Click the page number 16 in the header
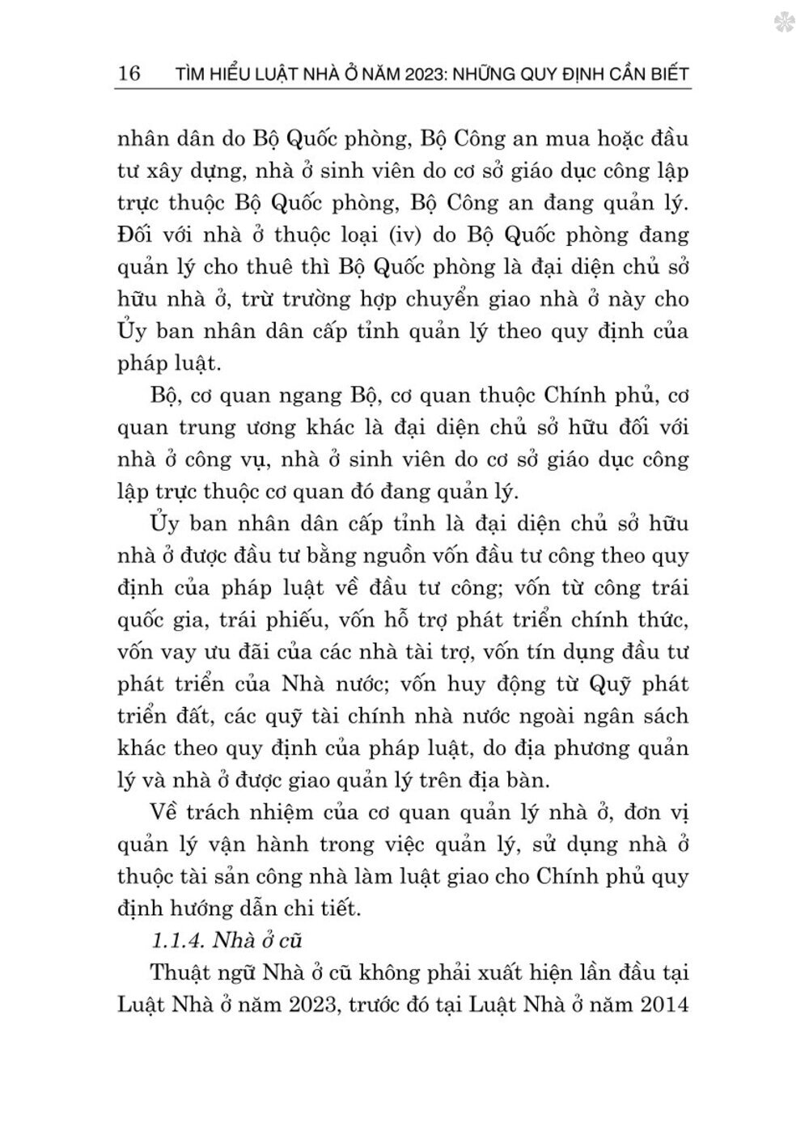129,74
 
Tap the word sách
663,716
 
